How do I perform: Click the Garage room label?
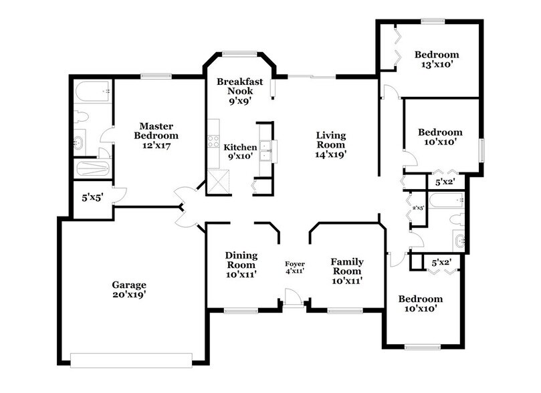(129, 289)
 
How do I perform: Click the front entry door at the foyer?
(292, 297)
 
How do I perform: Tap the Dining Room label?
(241, 264)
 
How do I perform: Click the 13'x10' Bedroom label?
(436, 59)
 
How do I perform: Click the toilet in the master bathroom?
(80, 117)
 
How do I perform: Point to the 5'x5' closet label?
(90, 198)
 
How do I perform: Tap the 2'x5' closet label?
(418, 209)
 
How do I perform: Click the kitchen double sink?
(265, 151)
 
